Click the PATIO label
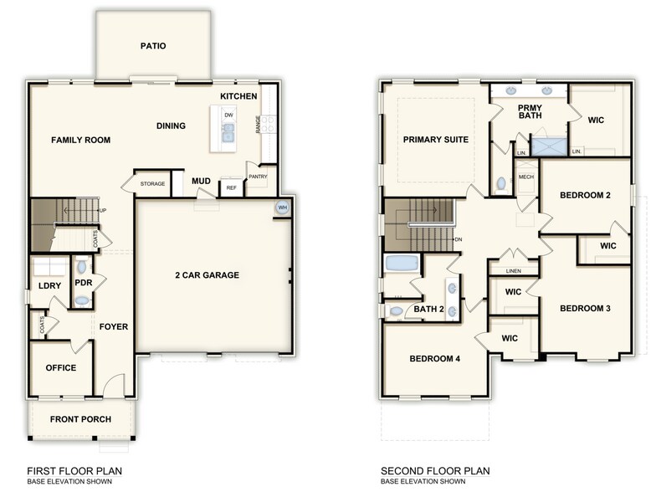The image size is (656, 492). click(152, 46)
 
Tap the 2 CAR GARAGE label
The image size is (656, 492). click(207, 275)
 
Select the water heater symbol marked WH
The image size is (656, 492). click(282, 208)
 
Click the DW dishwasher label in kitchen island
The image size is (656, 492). click(228, 115)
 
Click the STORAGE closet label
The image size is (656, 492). click(152, 183)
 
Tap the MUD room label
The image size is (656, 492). click(201, 181)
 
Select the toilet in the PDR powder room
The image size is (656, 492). click(80, 267)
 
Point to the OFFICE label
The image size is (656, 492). click(61, 368)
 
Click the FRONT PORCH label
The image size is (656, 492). click(80, 419)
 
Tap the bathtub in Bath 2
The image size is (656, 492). click(402, 264)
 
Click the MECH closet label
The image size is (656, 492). click(525, 177)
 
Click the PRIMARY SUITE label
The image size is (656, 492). click(435, 140)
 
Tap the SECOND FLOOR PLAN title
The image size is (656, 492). click(435, 471)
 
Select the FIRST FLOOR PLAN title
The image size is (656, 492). click(72, 471)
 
